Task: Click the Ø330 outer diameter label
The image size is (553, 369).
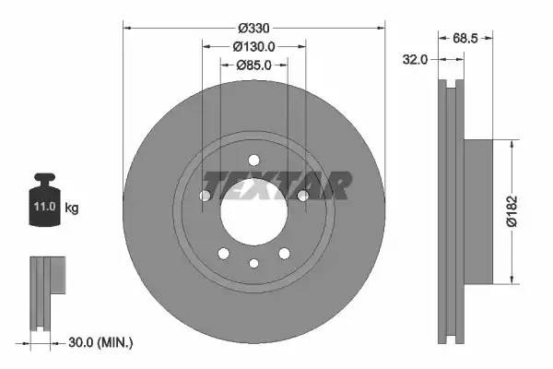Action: (x=253, y=28)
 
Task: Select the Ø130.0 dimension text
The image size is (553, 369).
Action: (x=253, y=47)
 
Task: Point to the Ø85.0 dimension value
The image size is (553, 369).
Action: (x=253, y=65)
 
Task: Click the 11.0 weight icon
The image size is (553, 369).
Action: (x=45, y=204)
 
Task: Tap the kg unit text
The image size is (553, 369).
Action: (x=72, y=208)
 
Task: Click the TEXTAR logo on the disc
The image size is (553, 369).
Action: (x=276, y=185)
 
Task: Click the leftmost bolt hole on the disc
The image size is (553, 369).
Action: (x=205, y=195)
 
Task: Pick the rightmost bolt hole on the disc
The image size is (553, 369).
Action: (x=302, y=195)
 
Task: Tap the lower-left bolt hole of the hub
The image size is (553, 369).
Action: (x=223, y=253)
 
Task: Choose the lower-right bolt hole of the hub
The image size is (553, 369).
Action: (x=284, y=253)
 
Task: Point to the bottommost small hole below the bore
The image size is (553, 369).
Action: (x=253, y=263)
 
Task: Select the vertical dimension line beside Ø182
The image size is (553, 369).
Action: (x=511, y=211)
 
